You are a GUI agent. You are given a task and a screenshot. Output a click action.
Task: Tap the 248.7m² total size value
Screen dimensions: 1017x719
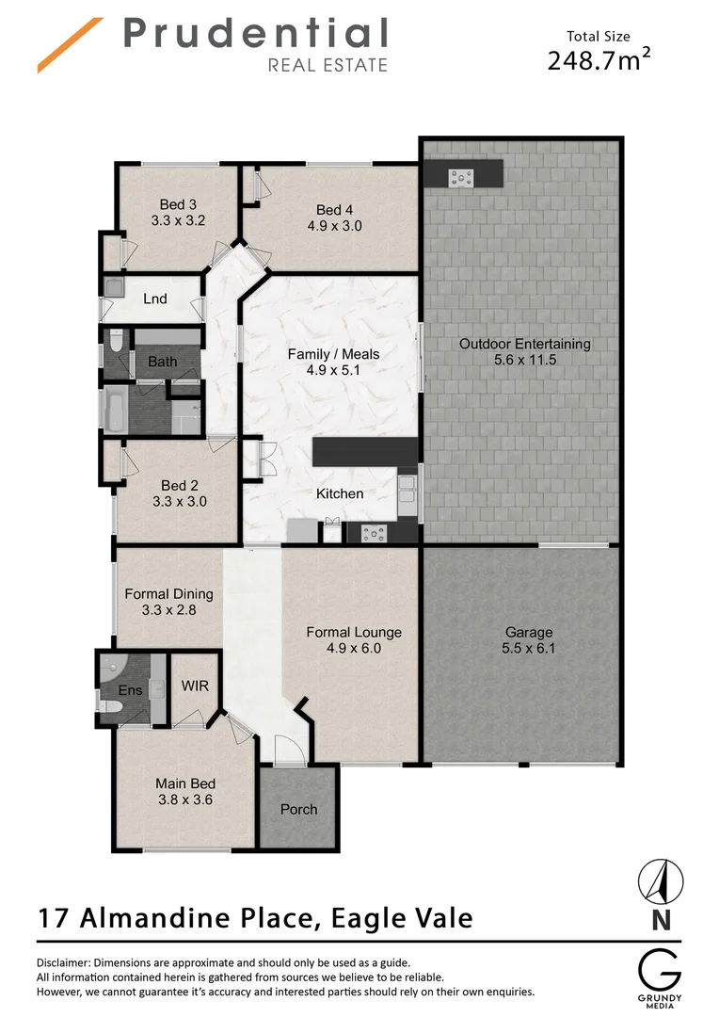tap(599, 60)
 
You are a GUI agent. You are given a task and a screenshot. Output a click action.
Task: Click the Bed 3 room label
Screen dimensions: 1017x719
tap(178, 204)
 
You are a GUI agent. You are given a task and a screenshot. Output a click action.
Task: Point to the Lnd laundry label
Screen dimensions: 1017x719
tap(155, 299)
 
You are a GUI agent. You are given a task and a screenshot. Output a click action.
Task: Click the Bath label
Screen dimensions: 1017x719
tap(162, 362)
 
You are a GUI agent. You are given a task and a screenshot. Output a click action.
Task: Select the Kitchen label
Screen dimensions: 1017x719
tap(340, 493)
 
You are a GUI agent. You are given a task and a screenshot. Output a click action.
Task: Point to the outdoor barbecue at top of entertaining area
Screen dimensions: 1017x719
tap(463, 174)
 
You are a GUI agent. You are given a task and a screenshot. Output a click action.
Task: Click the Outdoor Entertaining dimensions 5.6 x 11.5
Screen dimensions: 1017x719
tap(525, 361)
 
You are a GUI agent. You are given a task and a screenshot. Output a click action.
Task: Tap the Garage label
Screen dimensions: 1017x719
tap(528, 633)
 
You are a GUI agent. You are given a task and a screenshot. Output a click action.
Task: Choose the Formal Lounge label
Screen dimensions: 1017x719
tap(354, 632)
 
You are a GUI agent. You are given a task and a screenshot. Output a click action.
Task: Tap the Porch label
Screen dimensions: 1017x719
tap(298, 809)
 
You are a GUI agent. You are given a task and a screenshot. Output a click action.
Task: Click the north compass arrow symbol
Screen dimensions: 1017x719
tap(661, 882)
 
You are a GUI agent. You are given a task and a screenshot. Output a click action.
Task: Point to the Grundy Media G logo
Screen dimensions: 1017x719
tap(660, 969)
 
